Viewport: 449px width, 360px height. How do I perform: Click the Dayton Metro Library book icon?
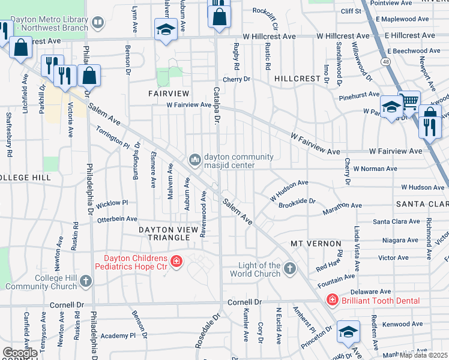pyautogui.click(x=98, y=23)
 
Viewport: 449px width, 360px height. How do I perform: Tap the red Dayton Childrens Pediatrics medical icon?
pyautogui.click(x=176, y=261)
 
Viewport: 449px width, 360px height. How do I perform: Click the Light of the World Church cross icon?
pyautogui.click(x=290, y=268)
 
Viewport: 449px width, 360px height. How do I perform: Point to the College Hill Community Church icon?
pyautogui.click(x=86, y=280)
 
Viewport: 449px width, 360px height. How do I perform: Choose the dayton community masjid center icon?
pyautogui.click(x=194, y=160)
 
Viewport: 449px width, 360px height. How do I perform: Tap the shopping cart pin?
pyautogui.click(x=410, y=101)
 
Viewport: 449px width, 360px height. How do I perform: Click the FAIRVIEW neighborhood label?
pyautogui.click(x=169, y=94)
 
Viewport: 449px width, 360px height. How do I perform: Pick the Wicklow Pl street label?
pyautogui.click(x=112, y=203)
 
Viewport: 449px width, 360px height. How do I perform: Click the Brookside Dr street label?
pyautogui.click(x=297, y=203)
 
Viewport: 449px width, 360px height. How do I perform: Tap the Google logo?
pyautogui.click(x=20, y=352)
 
